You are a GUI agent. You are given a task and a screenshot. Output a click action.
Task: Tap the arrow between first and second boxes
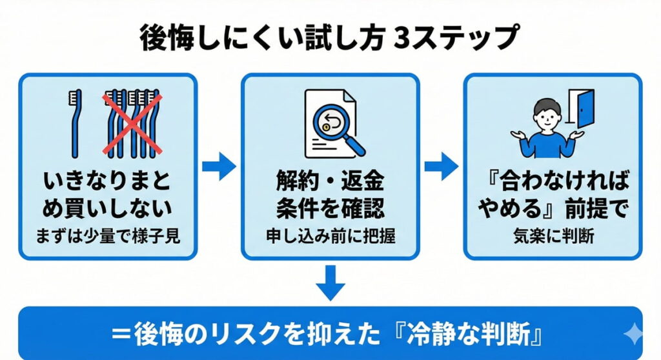[x=219, y=166]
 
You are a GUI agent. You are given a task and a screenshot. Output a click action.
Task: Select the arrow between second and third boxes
[x=442, y=166]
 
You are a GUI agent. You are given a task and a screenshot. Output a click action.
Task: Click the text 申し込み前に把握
[x=330, y=236]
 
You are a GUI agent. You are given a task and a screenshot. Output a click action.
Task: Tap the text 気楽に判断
[x=553, y=236]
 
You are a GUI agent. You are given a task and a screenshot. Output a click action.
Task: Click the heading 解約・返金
[x=330, y=183]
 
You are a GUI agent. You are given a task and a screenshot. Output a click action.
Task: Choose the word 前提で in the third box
[x=599, y=208]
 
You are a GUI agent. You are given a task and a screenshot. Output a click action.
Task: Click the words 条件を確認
[x=330, y=208]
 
